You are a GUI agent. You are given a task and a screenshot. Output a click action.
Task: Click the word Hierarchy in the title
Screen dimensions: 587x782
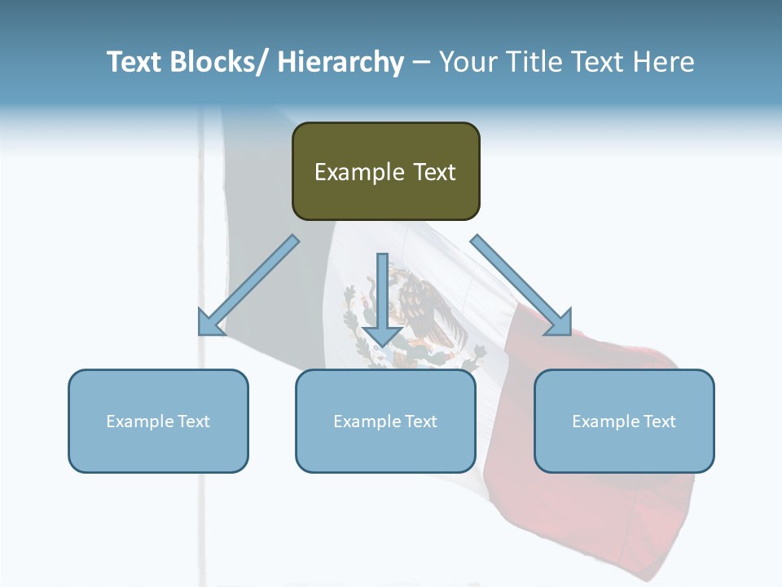click(340, 62)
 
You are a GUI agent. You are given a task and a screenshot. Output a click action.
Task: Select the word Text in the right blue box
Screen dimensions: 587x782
click(658, 421)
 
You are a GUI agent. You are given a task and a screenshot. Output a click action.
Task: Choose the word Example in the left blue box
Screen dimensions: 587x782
click(140, 421)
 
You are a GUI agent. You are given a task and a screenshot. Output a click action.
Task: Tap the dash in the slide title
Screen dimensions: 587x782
click(421, 63)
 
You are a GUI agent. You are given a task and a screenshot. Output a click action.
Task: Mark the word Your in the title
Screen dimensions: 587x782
click(468, 62)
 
